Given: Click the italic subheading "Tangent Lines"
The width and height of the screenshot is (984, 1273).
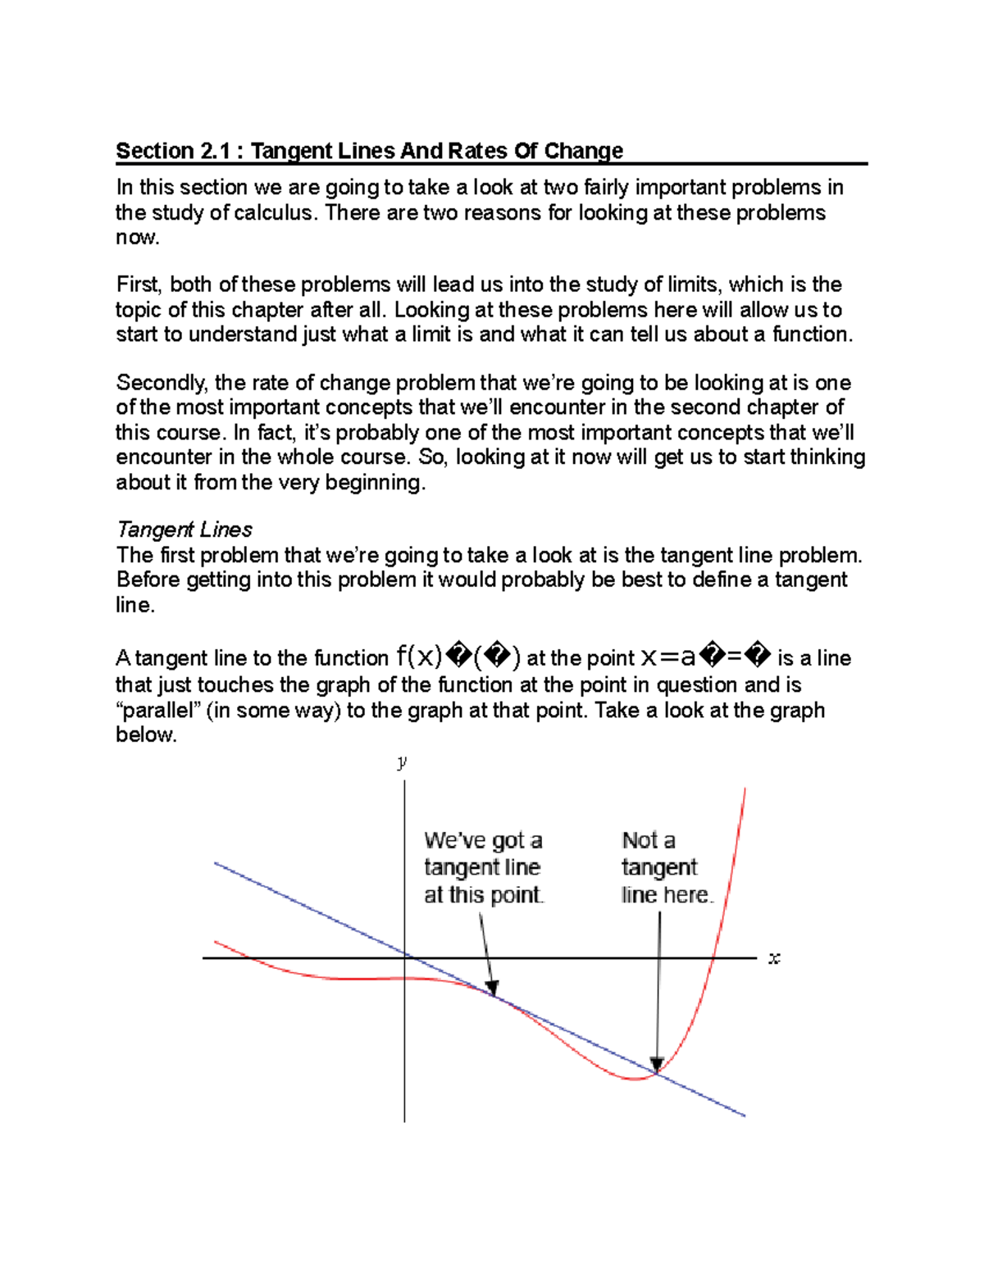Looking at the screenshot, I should pos(184,530).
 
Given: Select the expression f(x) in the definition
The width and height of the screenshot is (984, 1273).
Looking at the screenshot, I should pos(418,657).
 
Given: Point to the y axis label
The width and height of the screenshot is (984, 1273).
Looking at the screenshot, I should pos(402,763).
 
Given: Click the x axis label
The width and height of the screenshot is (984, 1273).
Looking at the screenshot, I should pos(773,958).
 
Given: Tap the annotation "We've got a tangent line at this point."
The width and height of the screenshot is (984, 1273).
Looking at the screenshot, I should pos(483,867).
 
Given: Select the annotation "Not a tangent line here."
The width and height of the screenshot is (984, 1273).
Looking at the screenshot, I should pos(666,867).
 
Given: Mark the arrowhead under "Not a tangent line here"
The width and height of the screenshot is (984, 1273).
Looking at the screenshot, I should pos(656,1064).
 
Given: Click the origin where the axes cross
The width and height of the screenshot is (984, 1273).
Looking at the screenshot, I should pos(405,957).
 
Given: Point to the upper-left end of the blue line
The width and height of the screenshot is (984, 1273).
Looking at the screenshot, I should pos(216,863).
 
